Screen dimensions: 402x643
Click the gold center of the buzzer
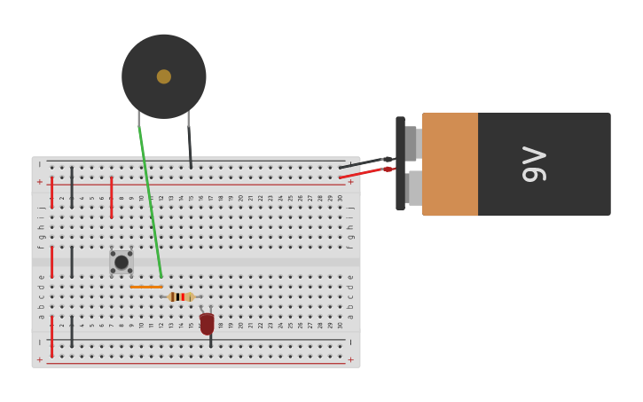[x=164, y=76]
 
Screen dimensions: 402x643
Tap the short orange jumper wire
[x=146, y=287]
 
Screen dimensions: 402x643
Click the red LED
[x=207, y=324]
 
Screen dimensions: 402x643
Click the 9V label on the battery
[x=534, y=164]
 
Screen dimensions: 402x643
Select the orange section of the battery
[x=450, y=164]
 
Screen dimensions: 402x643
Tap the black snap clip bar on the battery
[x=400, y=164]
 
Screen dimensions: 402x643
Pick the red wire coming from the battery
[x=364, y=172]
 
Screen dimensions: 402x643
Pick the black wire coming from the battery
[x=364, y=162]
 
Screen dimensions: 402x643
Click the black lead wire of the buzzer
[x=190, y=146]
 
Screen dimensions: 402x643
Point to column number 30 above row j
[x=340, y=197]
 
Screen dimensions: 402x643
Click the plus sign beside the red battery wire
[x=350, y=182]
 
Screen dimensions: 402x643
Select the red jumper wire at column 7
[x=111, y=197]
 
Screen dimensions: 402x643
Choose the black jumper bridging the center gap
[x=72, y=262]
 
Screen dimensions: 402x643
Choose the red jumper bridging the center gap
[x=51, y=262]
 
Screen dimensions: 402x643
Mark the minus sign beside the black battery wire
[x=350, y=165]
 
